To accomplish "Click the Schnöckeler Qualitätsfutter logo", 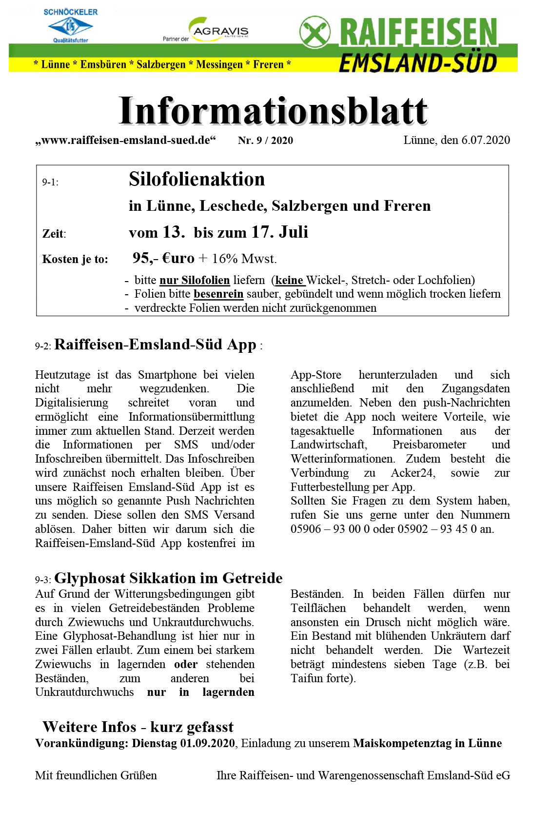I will coord(71,26).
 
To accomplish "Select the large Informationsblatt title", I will coord(273,111).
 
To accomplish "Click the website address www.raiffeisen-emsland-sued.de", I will coord(125,141).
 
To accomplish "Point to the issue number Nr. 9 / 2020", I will coord(265,141).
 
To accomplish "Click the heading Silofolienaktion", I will coord(196,180).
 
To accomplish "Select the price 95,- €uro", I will coord(163,258).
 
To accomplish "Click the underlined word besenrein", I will coord(218,294).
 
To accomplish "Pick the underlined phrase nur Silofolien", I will coord(195,280).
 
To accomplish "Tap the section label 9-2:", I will coord(43,346).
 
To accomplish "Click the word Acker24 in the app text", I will coord(412,473).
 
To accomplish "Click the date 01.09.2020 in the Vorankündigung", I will coord(207,743).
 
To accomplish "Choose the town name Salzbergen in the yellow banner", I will coord(161,64).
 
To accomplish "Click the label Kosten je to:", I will coord(75,259).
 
